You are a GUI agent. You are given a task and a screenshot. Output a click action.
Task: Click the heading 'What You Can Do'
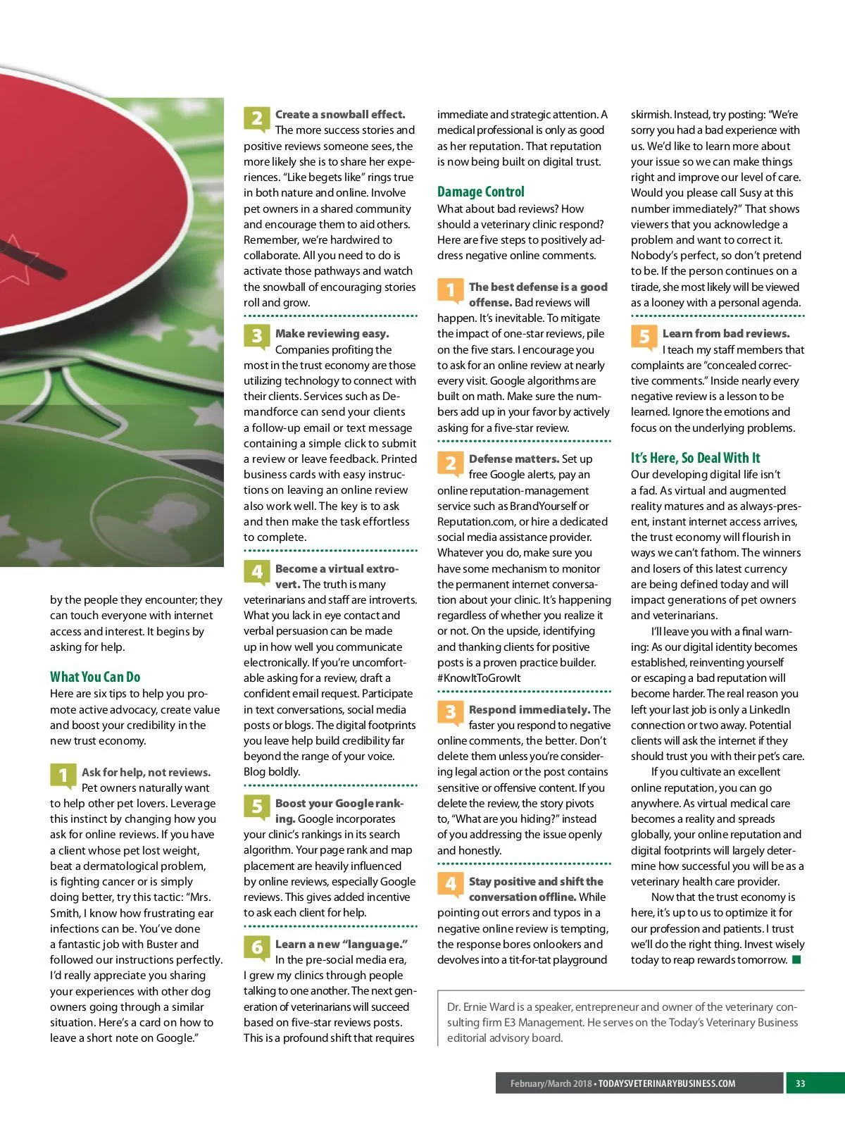95,677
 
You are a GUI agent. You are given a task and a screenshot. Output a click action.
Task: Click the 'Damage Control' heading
480,192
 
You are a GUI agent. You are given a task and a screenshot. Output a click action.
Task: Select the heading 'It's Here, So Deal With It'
695,458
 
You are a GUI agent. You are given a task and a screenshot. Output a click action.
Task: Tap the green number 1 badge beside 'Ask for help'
63,776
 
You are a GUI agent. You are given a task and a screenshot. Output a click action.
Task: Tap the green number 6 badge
256,947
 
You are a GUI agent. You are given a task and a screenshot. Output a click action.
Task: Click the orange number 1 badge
450,290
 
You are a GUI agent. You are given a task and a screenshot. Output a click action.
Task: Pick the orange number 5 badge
644,337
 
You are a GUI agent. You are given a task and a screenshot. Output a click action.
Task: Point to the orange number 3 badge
450,713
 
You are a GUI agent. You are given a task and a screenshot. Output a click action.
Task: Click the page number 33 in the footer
800,1083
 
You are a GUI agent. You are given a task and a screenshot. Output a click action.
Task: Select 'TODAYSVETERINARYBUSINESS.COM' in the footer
666,1083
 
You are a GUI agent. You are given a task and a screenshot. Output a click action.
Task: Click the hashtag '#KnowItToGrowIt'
479,678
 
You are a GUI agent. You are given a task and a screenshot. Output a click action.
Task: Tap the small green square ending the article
796,960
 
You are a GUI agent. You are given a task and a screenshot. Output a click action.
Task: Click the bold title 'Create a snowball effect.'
340,114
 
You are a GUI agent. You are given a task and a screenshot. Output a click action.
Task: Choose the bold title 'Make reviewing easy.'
332,334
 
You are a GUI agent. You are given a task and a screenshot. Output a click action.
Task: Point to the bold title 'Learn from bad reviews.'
726,334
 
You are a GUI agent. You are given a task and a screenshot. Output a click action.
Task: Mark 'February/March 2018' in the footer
551,1083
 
